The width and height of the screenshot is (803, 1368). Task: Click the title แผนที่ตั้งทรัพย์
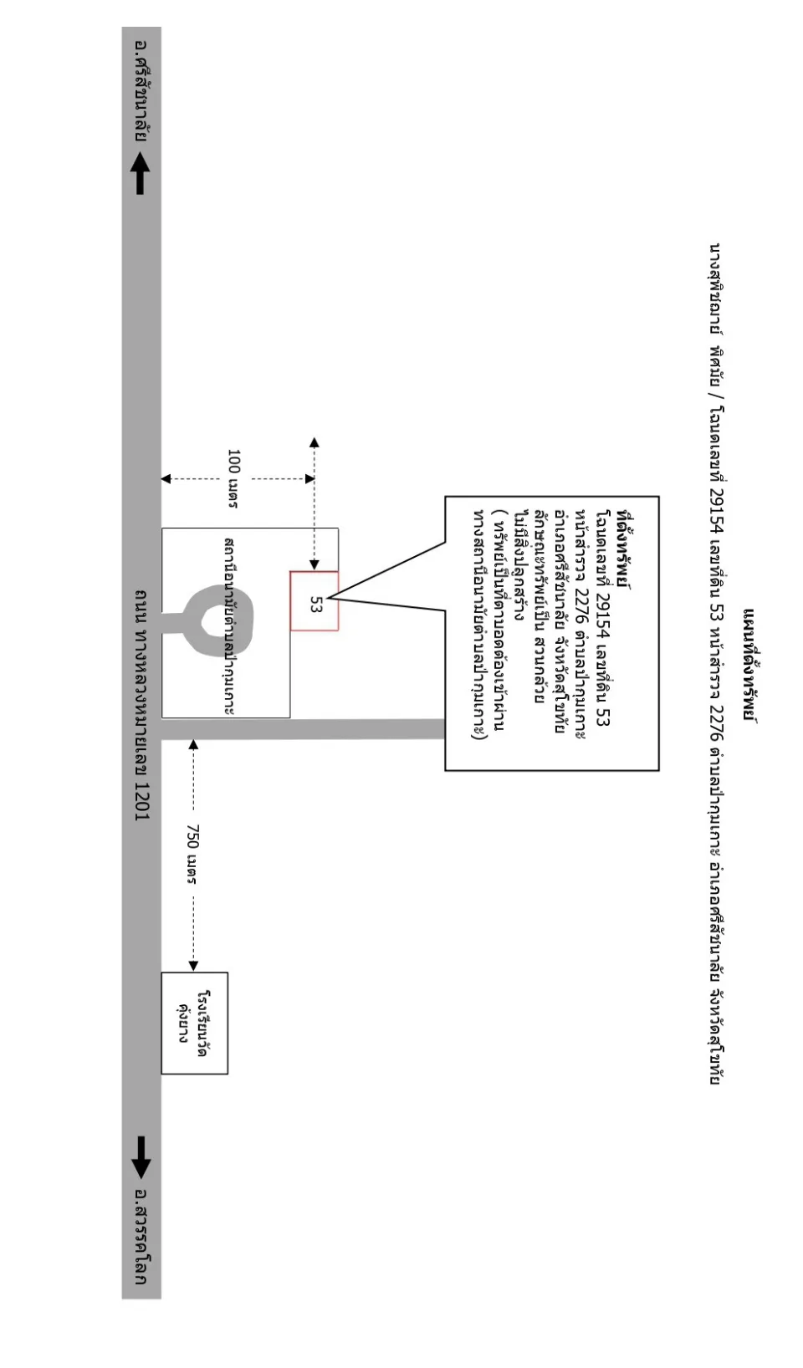pos(750,665)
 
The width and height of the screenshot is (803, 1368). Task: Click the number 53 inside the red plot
pos(315,605)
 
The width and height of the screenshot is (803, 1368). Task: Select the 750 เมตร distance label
pos(192,854)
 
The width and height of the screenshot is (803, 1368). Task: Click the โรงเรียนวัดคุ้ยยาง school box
pos(194,1023)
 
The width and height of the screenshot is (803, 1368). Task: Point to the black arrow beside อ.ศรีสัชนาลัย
pos(140,173)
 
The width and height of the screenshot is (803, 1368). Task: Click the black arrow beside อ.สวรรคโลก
pos(141,1157)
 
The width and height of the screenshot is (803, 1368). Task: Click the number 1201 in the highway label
pos(141,801)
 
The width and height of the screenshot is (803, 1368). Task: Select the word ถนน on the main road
pos(141,606)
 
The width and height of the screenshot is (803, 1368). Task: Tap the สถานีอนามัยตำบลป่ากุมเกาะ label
pos(230,626)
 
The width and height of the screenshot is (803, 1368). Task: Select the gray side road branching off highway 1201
pos(303,729)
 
